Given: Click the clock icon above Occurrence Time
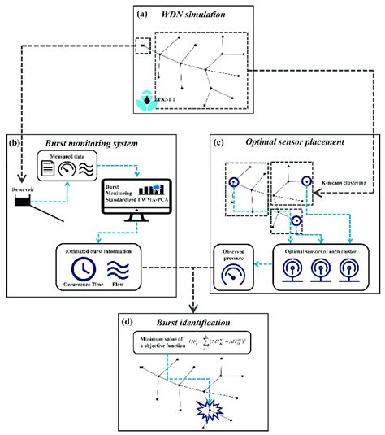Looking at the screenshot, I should (x=80, y=269).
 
